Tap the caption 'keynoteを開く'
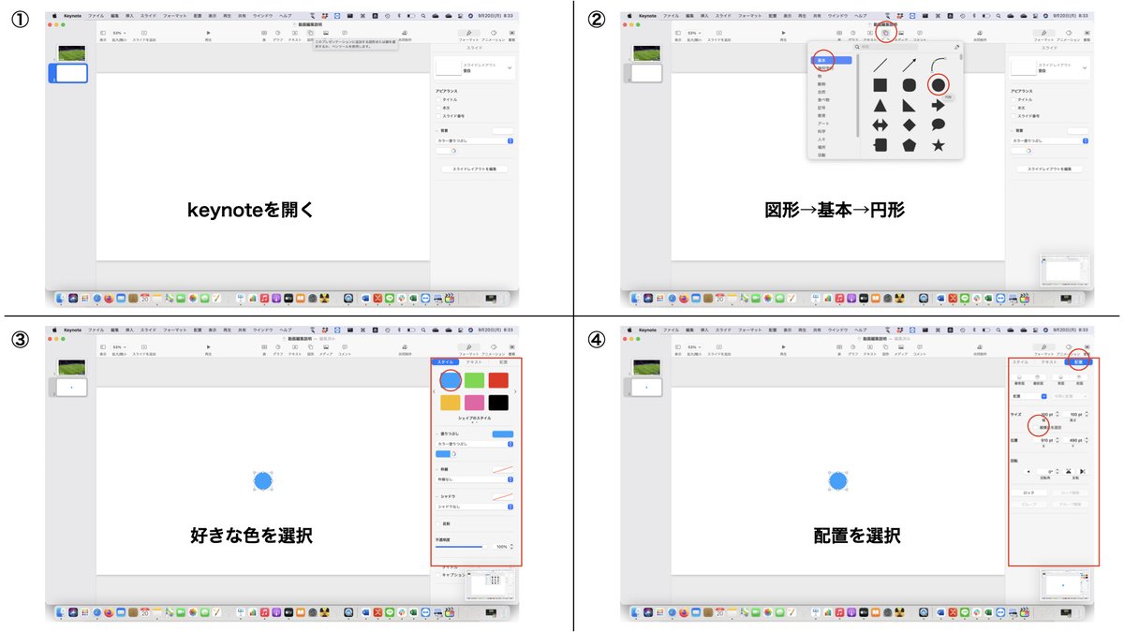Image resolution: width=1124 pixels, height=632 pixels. [x=251, y=210]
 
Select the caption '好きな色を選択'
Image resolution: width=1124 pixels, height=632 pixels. [x=251, y=536]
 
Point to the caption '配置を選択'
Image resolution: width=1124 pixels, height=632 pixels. [x=857, y=536]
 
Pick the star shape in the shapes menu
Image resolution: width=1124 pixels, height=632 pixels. [x=937, y=145]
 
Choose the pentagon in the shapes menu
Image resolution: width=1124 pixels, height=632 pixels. [x=909, y=145]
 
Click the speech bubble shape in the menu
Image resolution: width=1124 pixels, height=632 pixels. [x=937, y=125]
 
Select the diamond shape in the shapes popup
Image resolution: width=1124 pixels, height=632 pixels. [x=909, y=125]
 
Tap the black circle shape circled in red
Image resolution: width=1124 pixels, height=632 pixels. [x=938, y=85]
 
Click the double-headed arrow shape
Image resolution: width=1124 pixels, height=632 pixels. [x=880, y=125]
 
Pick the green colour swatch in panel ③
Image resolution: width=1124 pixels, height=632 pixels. [x=475, y=379]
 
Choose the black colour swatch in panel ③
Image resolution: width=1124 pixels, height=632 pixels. [x=498, y=403]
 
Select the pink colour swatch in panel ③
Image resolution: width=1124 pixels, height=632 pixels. [x=475, y=403]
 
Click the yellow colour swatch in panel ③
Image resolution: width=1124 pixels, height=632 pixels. [x=451, y=403]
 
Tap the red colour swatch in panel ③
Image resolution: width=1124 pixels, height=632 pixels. [x=498, y=379]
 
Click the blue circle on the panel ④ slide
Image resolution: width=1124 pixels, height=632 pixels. [x=837, y=481]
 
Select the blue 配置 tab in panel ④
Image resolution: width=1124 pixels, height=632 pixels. [x=1077, y=361]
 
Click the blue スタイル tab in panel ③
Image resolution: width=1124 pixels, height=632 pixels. [x=445, y=361]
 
